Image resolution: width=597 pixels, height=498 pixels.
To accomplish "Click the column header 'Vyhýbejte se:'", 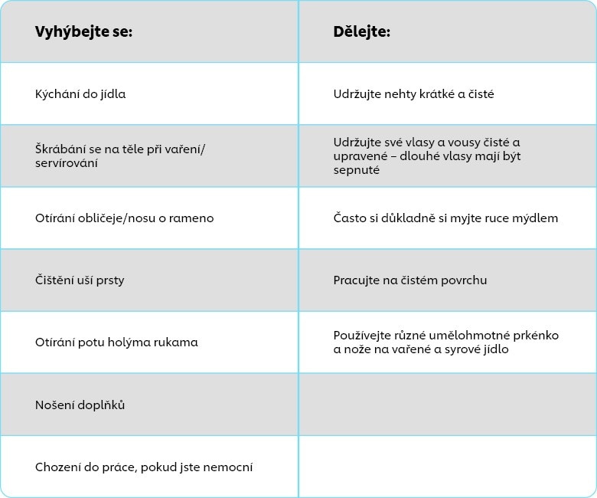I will point(84,32).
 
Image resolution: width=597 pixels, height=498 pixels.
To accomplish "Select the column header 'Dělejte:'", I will point(361,32).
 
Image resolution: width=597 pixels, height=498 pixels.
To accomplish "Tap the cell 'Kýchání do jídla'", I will point(80,94).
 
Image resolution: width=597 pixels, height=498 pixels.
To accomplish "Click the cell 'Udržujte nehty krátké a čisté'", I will point(413,94).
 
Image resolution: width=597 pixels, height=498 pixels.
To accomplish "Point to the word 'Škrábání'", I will point(60,149).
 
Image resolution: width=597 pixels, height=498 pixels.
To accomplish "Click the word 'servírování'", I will point(66,163).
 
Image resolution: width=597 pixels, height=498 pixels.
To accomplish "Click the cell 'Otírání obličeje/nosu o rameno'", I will point(125,218).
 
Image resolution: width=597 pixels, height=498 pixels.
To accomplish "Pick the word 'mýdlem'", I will point(536,218).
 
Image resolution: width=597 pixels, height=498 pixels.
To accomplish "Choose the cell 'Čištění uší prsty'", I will point(80,280).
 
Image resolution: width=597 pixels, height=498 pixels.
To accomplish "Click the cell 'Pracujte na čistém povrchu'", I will point(410,280).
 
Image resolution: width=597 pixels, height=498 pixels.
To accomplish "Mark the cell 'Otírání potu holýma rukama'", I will point(116,342).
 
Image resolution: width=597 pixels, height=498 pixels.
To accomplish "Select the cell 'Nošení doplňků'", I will point(80,405).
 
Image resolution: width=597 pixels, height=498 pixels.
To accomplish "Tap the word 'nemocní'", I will point(227,467).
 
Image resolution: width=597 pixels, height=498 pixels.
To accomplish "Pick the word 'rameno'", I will point(193,218).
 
